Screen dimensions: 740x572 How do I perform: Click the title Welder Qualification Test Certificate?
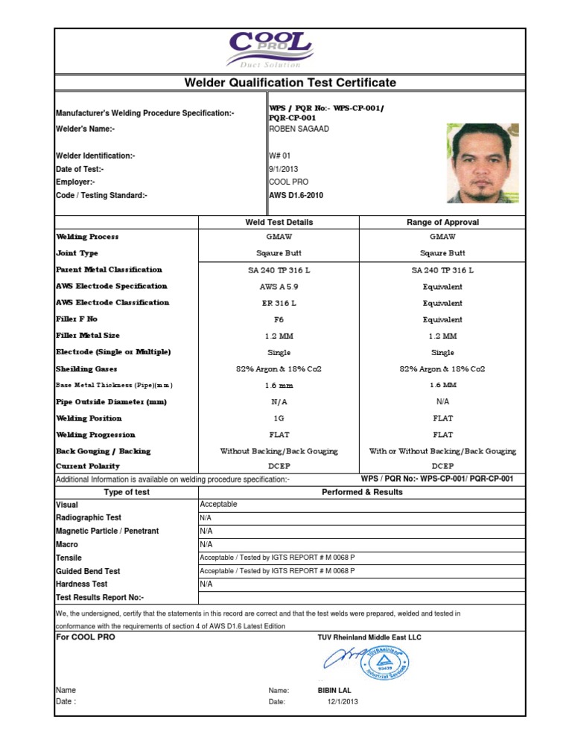[290, 83]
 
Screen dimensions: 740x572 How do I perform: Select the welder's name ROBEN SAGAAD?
[297, 129]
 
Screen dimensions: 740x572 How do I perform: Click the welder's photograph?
[477, 163]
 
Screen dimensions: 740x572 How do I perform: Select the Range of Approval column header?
[443, 222]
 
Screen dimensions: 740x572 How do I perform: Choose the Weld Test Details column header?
[279, 222]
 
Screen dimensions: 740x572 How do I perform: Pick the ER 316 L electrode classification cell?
[279, 303]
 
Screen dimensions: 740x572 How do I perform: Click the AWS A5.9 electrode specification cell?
[279, 287]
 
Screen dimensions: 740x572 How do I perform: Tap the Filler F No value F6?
[279, 319]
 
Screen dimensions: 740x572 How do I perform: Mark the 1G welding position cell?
[279, 418]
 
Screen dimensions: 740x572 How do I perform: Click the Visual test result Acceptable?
[219, 504]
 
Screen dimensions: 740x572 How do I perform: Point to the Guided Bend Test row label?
[88, 571]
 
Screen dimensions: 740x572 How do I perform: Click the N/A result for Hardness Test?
[206, 584]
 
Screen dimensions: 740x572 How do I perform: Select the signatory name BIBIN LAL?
[334, 690]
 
